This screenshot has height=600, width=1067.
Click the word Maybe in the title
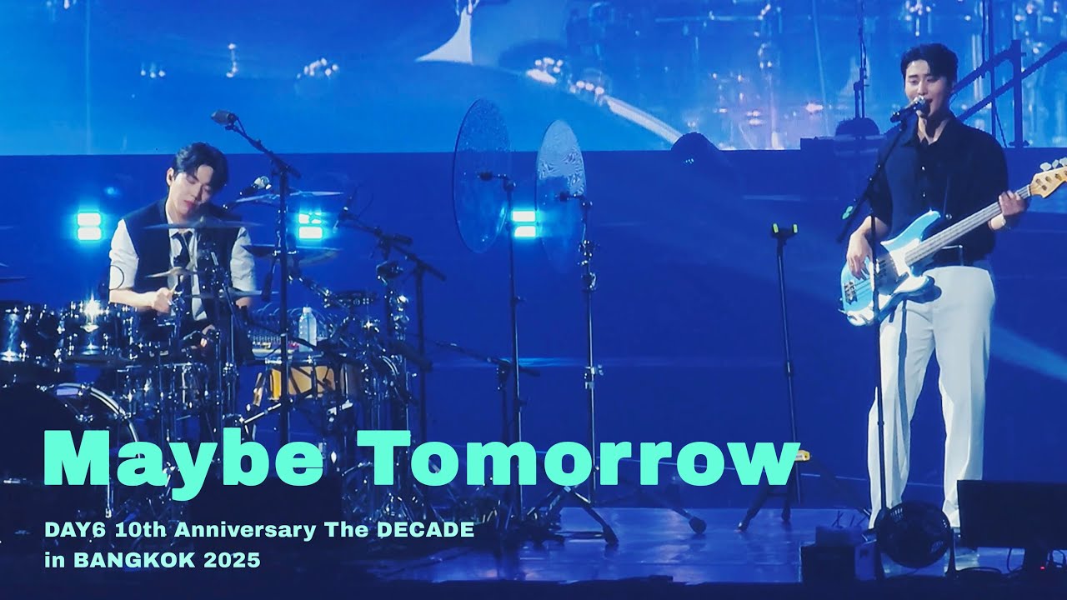pyautogui.click(x=183, y=461)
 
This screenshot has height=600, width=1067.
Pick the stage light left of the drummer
pyautogui.click(x=88, y=226)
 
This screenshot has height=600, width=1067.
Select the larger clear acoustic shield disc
pyautogui.click(x=481, y=175)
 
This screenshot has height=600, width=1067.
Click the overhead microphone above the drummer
pyautogui.click(x=223, y=117)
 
